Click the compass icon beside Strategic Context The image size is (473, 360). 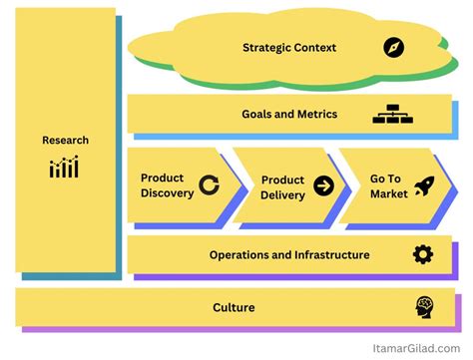click(x=394, y=47)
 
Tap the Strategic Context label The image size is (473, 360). click(x=289, y=47)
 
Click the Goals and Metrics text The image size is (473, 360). click(x=289, y=114)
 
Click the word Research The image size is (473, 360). click(x=65, y=141)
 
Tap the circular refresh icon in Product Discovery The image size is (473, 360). click(x=210, y=184)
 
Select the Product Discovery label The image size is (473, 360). click(x=167, y=185)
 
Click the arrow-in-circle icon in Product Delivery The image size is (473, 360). click(x=323, y=185)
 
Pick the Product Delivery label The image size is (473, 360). click(x=282, y=186)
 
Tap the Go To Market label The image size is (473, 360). click(x=388, y=185)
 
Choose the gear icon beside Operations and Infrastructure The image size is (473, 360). click(x=423, y=254)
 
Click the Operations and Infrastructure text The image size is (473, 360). click(x=289, y=254)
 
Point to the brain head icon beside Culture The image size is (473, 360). click(x=426, y=307)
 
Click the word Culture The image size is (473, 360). click(x=235, y=307)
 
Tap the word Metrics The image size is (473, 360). click(x=315, y=114)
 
